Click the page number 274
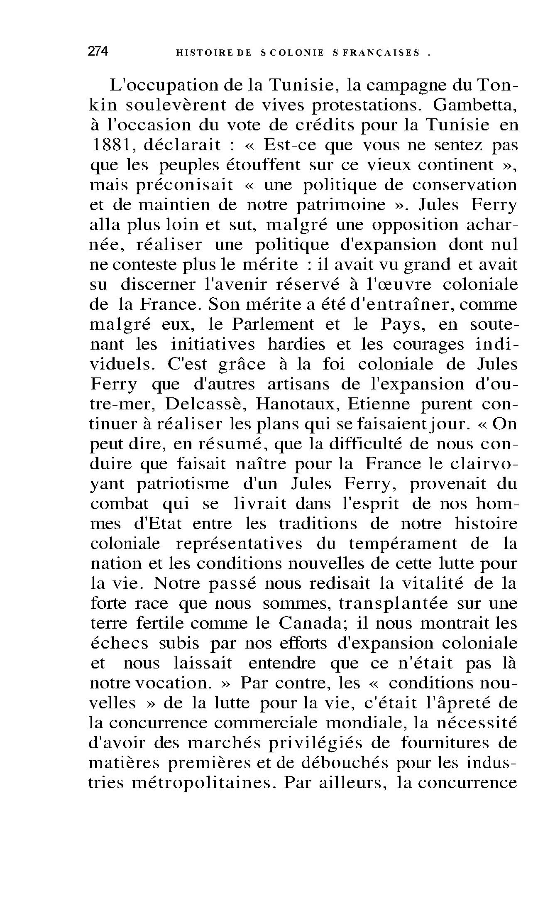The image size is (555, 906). click(98, 52)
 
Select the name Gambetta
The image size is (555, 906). click(474, 105)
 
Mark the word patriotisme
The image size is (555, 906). click(182, 484)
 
